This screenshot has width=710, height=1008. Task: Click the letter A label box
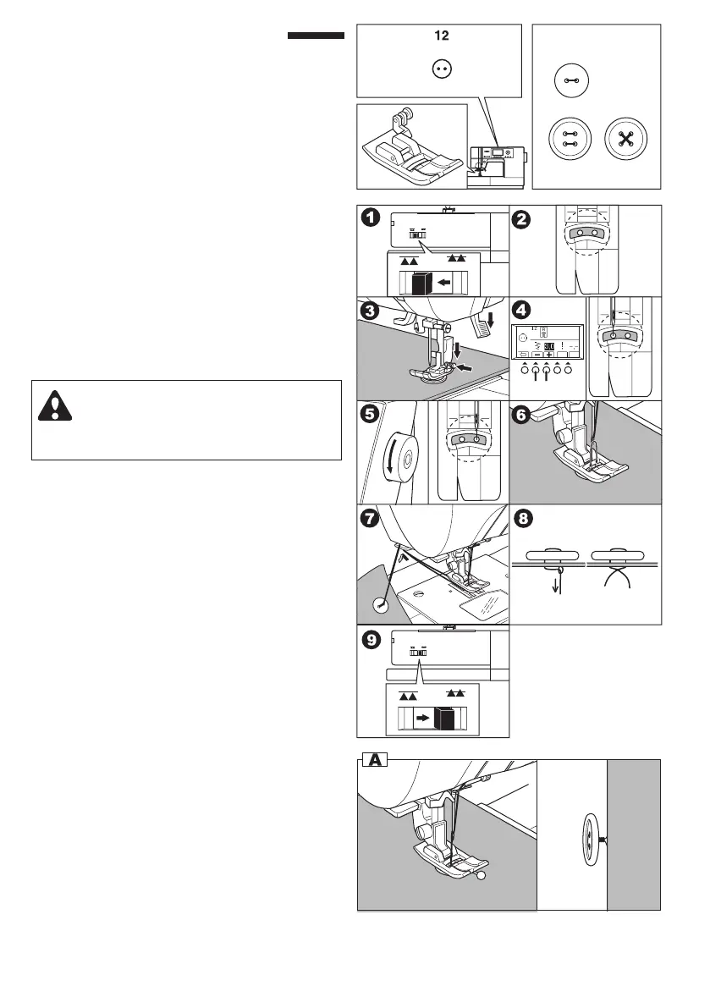373,761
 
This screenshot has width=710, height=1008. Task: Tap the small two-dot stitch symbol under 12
440,70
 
